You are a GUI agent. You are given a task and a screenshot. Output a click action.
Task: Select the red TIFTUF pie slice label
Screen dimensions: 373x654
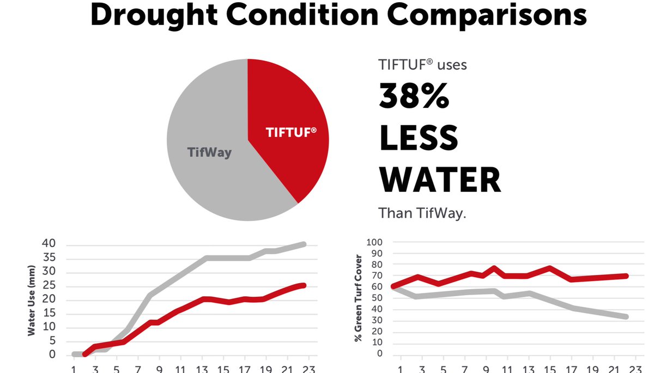click(290, 132)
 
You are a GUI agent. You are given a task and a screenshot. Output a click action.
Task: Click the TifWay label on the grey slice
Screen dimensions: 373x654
click(210, 152)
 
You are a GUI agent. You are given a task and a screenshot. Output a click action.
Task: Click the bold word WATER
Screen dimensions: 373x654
click(439, 180)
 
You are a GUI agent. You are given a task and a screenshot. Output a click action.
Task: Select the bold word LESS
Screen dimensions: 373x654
click(418, 138)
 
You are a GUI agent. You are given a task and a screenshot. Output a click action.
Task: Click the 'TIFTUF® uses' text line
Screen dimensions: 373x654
click(422, 65)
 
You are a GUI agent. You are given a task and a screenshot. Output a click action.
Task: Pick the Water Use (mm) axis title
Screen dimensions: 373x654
click(32, 301)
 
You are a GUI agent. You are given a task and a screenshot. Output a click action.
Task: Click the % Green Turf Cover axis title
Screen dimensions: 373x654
click(358, 298)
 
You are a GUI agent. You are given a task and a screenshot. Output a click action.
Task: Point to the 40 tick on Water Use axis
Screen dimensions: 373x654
click(49, 243)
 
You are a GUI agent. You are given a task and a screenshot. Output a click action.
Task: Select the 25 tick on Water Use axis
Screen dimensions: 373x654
click(49, 286)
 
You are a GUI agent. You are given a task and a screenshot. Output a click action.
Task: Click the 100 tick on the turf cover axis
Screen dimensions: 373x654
click(376, 242)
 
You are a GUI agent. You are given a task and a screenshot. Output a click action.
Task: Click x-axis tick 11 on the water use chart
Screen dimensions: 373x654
click(180, 369)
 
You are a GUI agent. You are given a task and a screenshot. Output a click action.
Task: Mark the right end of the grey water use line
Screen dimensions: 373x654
click(304, 244)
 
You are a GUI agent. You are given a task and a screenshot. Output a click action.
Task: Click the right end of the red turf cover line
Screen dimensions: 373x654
click(626, 276)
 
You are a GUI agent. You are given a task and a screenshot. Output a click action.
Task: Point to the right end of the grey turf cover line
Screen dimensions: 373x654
click(626, 316)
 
